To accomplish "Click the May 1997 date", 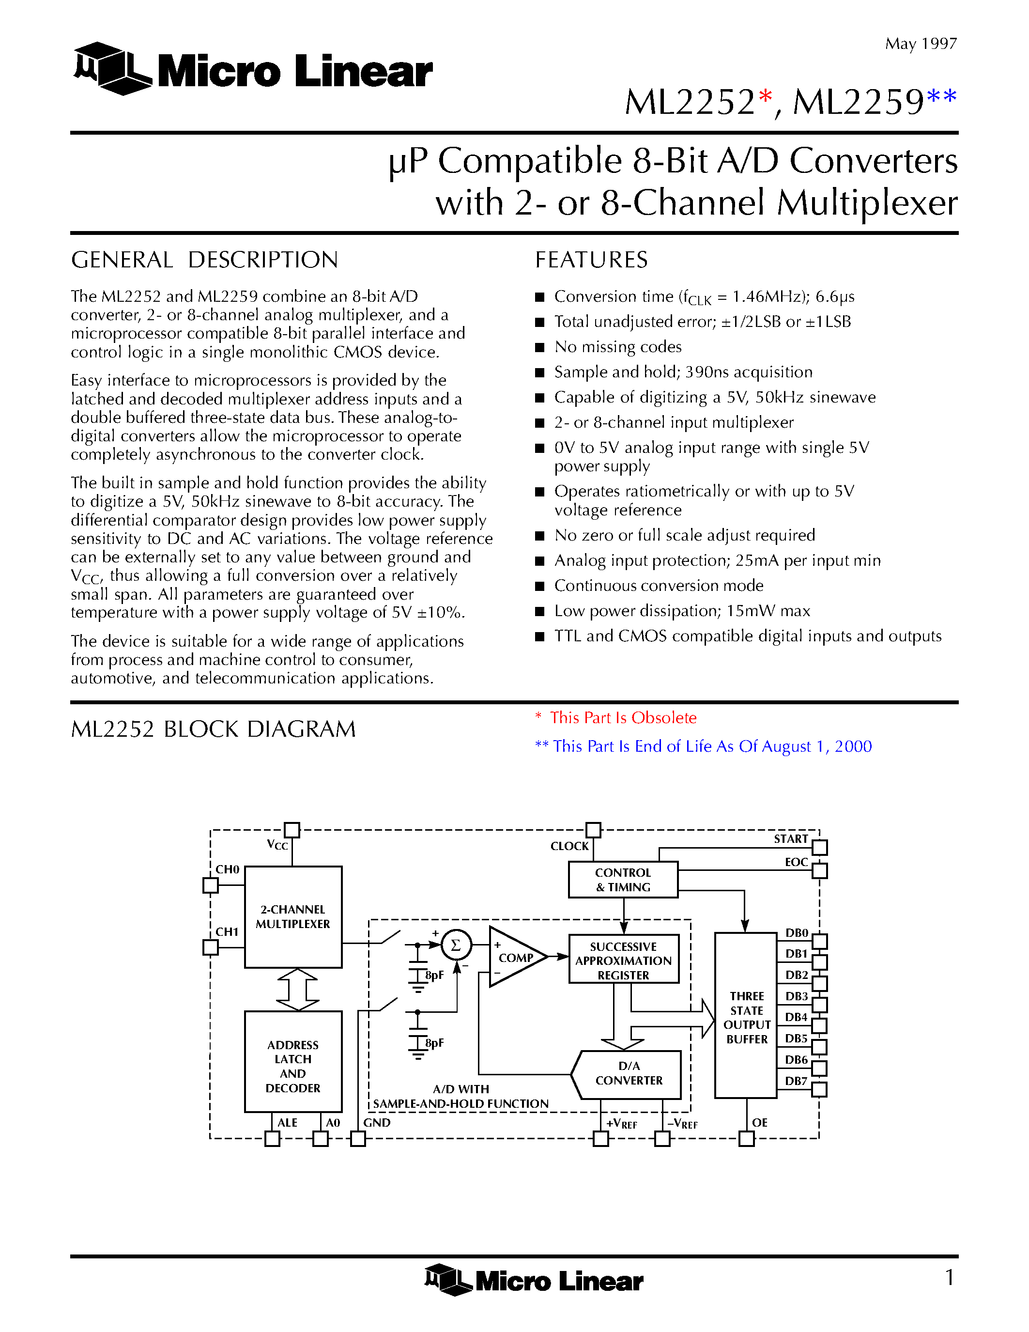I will [921, 44].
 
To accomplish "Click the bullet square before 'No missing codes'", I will [539, 348].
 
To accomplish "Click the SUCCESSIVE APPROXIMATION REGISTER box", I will [623, 959].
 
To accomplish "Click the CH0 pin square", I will [210, 885].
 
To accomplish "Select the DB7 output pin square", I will [819, 1089].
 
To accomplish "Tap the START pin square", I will [819, 847].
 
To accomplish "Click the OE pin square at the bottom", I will [746, 1139].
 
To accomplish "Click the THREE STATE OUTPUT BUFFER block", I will [746, 1015].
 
